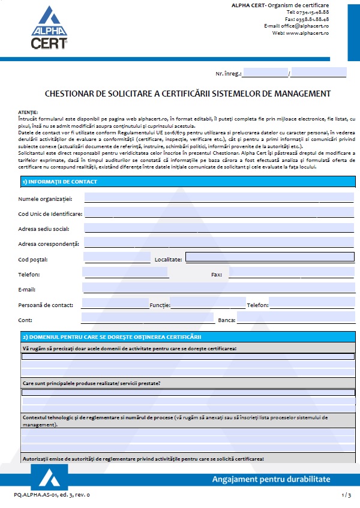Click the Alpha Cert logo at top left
pos(49,27)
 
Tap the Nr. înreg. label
pos(229,74)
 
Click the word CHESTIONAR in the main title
pos(67,94)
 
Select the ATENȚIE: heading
pos(28,112)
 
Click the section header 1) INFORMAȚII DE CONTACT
pos(59,181)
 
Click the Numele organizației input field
pos(218,198)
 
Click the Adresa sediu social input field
pos(218,229)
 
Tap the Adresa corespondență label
pos(49,244)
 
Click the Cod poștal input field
pos(117,258)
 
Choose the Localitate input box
pos(269,258)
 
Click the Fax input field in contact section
pos(291,274)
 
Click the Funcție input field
pos(208,305)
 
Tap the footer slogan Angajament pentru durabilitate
pos(271,479)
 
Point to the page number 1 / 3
pos(346,495)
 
